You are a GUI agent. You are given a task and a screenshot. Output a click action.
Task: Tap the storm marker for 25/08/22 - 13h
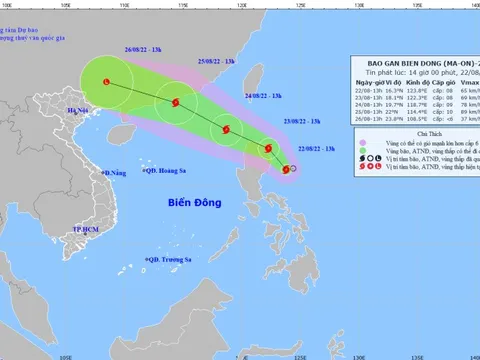click(176, 101)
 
